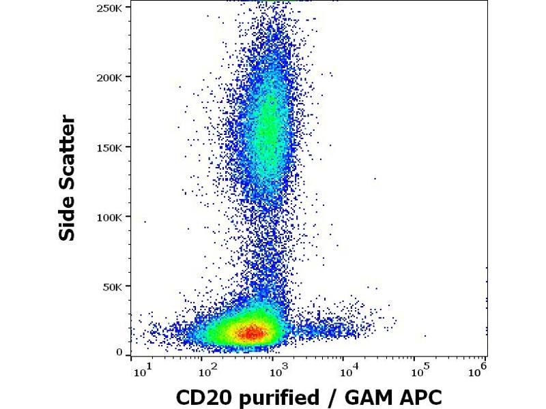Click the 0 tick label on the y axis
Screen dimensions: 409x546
(119, 352)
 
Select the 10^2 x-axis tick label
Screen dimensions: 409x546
(207, 370)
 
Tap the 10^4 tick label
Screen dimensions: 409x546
(347, 370)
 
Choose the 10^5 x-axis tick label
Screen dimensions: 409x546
(418, 370)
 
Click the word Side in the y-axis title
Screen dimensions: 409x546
(67, 217)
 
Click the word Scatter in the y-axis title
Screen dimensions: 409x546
(67, 150)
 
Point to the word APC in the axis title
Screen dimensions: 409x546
(407, 397)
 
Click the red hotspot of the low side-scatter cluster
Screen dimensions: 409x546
(251, 333)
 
